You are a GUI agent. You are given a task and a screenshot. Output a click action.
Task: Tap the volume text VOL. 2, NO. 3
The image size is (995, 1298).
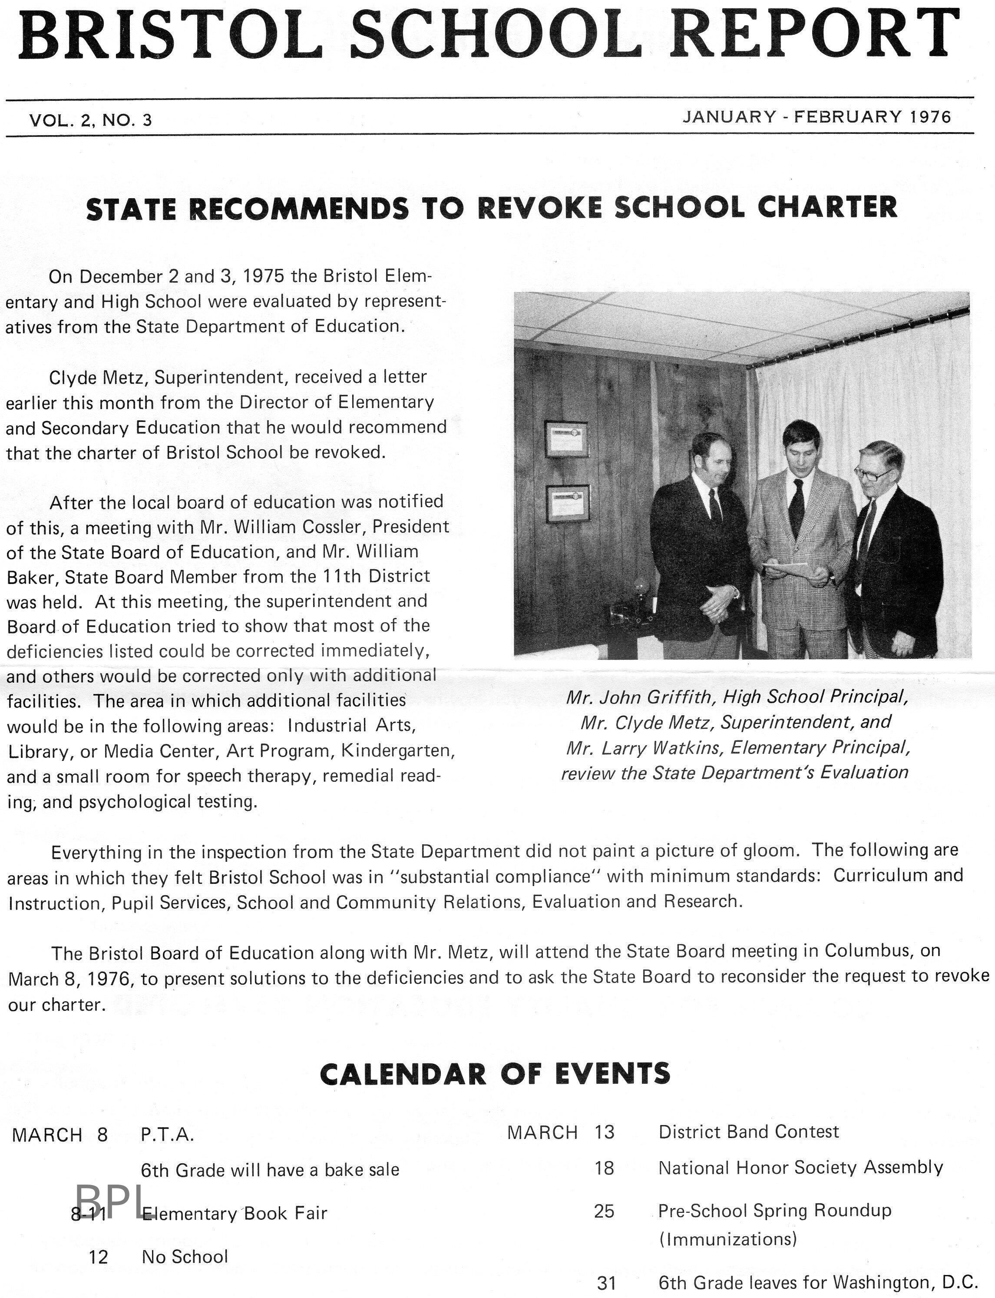(x=91, y=120)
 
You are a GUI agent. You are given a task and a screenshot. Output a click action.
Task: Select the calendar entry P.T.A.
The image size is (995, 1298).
(x=168, y=1135)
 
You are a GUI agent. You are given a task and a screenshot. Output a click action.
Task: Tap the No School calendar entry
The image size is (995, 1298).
(x=185, y=1257)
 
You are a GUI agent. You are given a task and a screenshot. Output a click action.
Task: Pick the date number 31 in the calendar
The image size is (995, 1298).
(x=606, y=1283)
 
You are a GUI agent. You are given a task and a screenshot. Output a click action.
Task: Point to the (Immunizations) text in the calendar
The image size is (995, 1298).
(x=728, y=1239)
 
